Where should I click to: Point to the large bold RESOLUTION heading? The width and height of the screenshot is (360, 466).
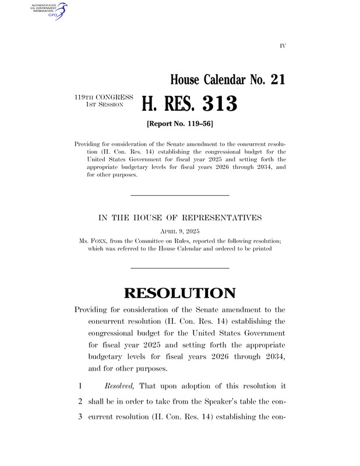click(x=179, y=293)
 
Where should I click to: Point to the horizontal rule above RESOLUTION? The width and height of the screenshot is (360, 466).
click(x=179, y=267)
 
